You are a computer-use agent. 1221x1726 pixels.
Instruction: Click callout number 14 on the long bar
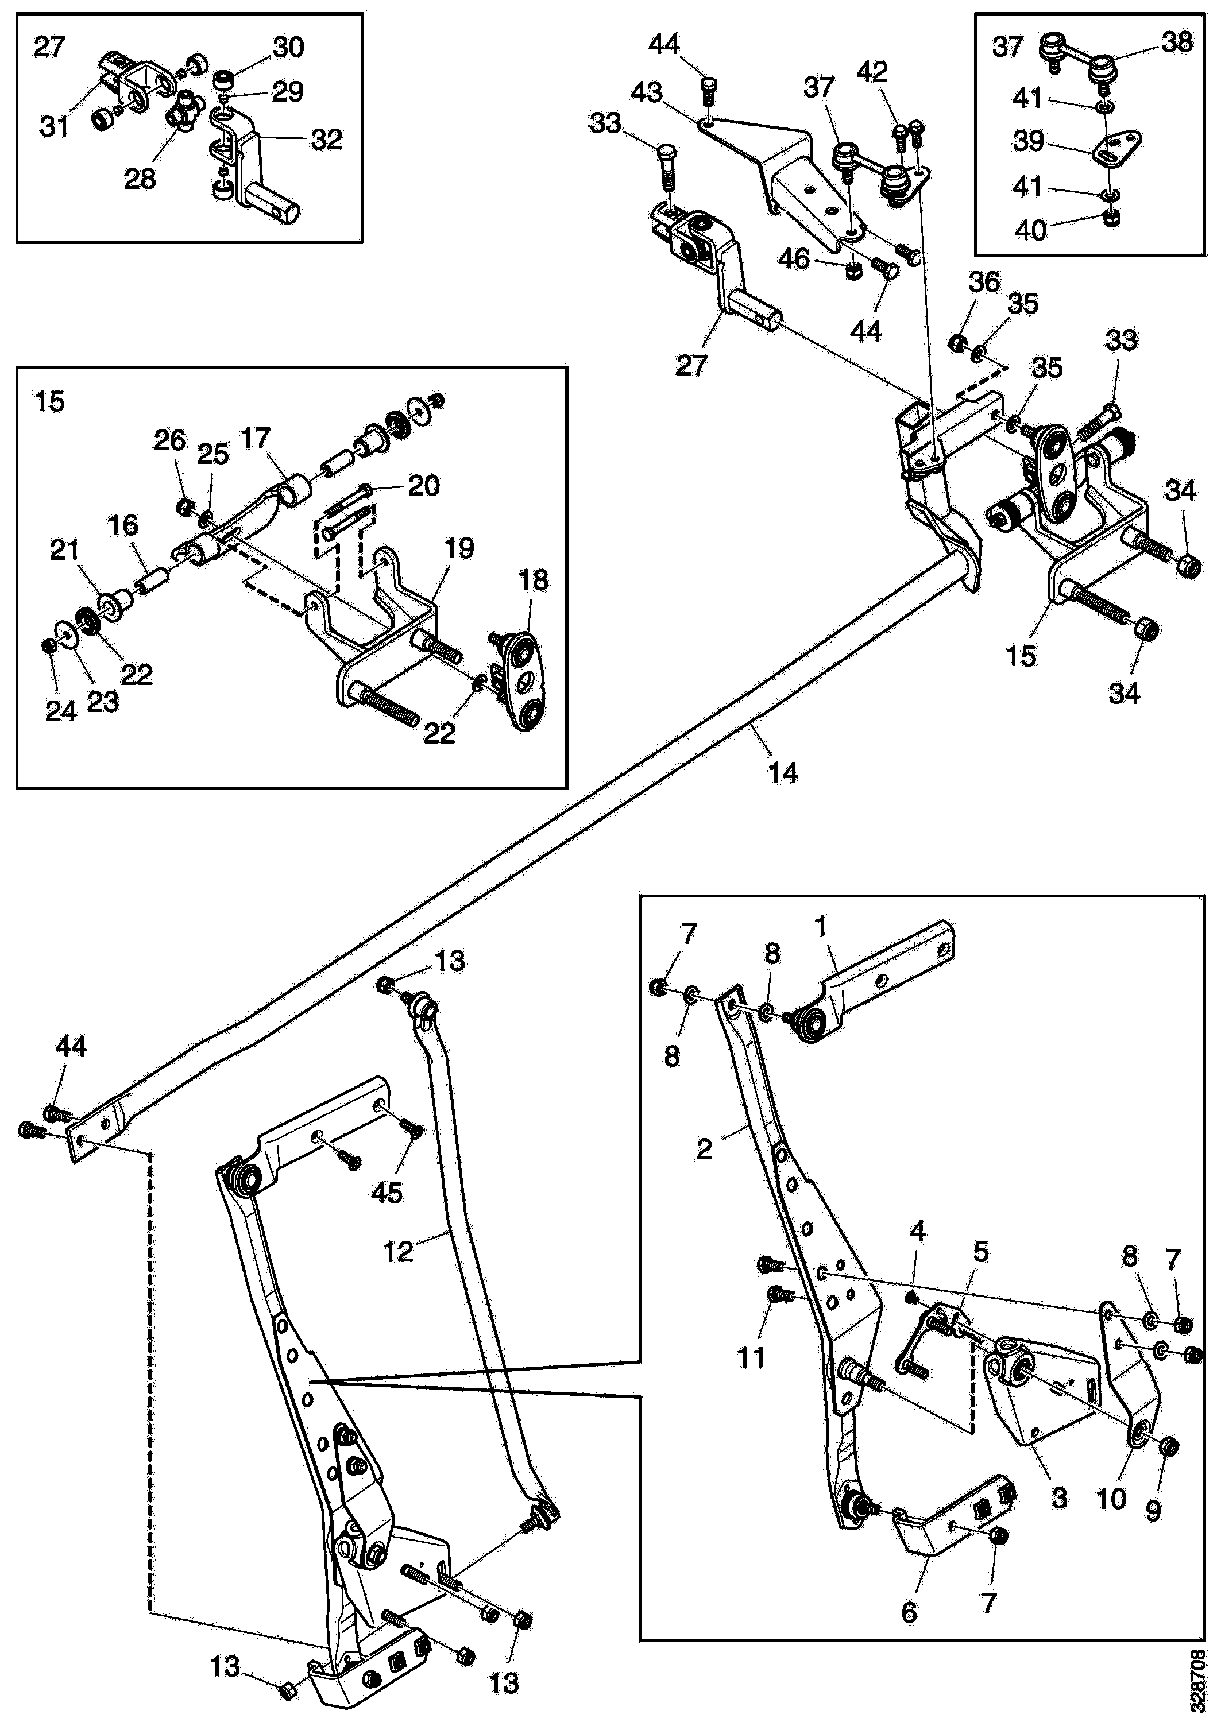pyautogui.click(x=783, y=773)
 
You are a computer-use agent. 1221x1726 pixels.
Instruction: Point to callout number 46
pyautogui.click(x=794, y=260)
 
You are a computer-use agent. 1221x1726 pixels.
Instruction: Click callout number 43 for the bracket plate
pyautogui.click(x=647, y=93)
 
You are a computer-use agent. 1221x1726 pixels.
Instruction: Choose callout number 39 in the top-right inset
pyautogui.click(x=1029, y=141)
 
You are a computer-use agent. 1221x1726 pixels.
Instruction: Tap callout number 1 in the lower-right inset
pyautogui.click(x=821, y=928)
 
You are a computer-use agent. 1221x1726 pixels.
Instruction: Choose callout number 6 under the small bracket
pyautogui.click(x=909, y=1612)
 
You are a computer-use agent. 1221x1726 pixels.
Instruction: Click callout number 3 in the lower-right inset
pyautogui.click(x=1058, y=1497)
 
